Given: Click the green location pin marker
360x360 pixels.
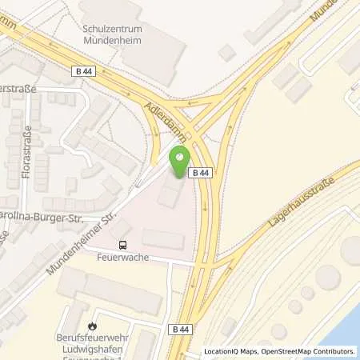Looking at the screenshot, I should point(179,155).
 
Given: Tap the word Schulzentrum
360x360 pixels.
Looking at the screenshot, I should point(106,27).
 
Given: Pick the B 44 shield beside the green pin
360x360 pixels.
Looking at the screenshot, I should point(200,173).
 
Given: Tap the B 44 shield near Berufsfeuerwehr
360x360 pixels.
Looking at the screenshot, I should point(179,329).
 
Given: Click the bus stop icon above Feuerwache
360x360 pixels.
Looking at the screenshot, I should point(123,245).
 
